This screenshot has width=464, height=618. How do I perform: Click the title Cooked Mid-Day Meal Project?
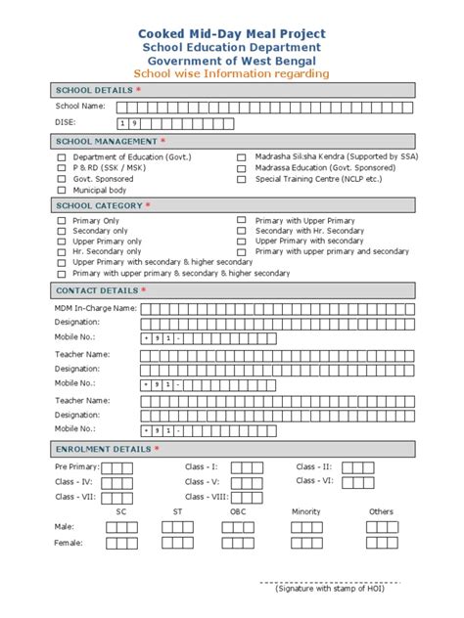pos(231,32)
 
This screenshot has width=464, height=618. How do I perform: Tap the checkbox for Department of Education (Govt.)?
pos(62,156)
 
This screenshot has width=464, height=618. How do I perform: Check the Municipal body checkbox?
pos(62,190)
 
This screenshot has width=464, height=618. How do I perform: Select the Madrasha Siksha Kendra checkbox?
pos(241,156)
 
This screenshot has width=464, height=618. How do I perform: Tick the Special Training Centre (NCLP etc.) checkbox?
pos(241,179)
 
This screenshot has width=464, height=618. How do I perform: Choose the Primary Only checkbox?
pos(62,221)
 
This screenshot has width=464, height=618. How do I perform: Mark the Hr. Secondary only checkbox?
pos(62,251)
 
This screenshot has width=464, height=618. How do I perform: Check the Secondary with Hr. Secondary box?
pos(241,231)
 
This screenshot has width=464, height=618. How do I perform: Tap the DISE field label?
pos(66,123)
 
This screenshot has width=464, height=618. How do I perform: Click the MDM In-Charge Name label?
pos(95,309)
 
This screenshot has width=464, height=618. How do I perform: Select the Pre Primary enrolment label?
pos(75,467)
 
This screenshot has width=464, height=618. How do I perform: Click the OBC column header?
pos(238,511)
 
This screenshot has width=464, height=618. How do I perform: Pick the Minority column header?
pos(305,511)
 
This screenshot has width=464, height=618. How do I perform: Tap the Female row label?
pos(69,543)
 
